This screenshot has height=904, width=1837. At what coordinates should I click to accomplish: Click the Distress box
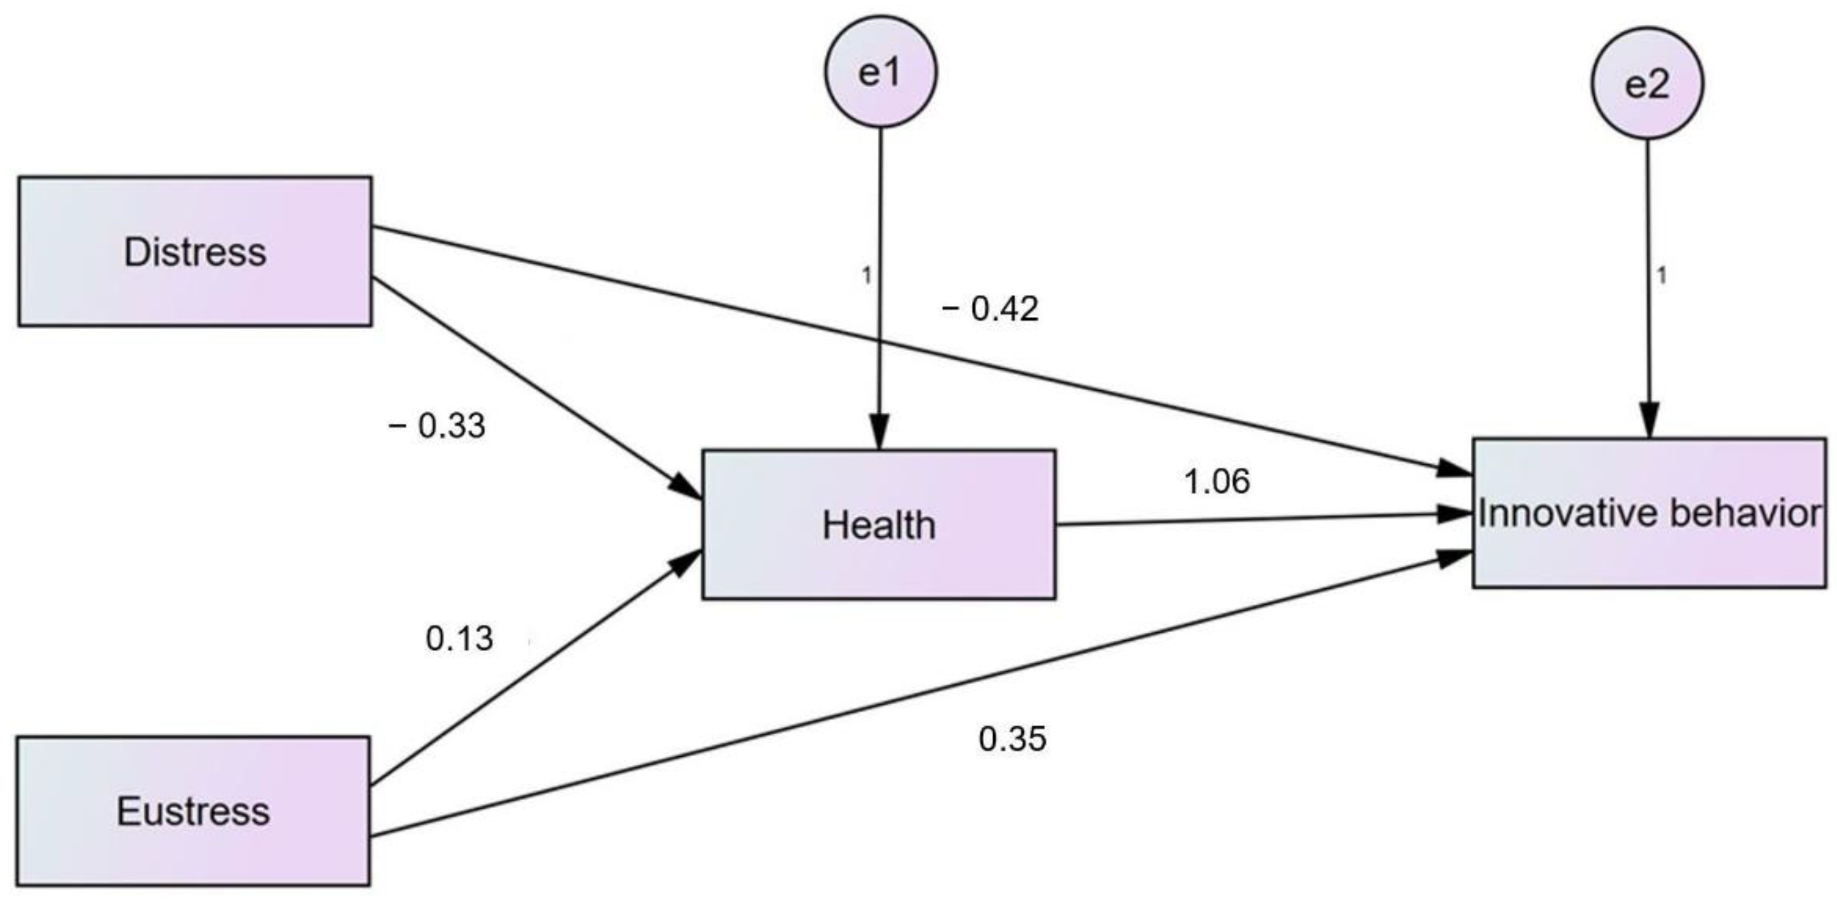pyautogui.click(x=195, y=252)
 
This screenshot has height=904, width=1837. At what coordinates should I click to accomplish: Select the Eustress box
pyautogui.click(x=193, y=811)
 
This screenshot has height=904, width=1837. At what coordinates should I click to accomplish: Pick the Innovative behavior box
pyautogui.click(x=1650, y=513)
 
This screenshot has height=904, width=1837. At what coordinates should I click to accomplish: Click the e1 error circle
pyautogui.click(x=881, y=72)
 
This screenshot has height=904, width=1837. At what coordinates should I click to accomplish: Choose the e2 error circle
pyautogui.click(x=1647, y=84)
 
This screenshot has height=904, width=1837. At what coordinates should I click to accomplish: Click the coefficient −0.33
pyautogui.click(x=437, y=427)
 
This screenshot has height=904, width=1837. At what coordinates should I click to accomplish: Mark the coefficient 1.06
pyautogui.click(x=1216, y=481)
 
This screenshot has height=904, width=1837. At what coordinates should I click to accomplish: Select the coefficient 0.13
pyautogui.click(x=459, y=638)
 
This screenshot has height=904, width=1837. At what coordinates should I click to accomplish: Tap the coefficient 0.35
pyautogui.click(x=1013, y=739)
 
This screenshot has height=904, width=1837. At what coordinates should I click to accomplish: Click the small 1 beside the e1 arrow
pyautogui.click(x=866, y=275)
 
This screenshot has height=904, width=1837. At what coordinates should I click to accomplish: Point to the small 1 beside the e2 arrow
pyautogui.click(x=1661, y=275)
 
